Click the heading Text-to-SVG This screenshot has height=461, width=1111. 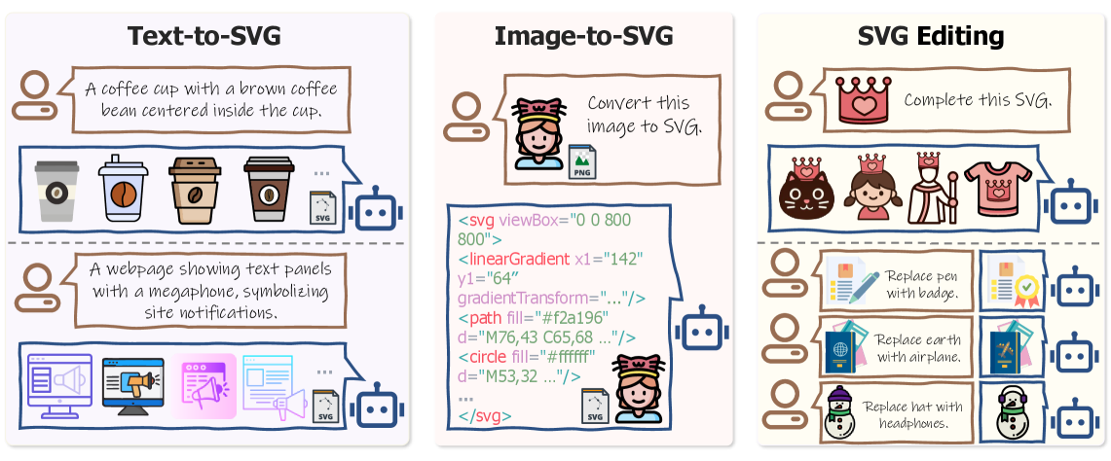click(204, 36)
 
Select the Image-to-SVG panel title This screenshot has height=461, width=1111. click(583, 36)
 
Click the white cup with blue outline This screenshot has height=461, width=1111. click(122, 190)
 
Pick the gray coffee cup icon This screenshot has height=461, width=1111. click(56, 192)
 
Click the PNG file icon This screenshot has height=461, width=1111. click(581, 161)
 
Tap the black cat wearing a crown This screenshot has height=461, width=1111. click(806, 189)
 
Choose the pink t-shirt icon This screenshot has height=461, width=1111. click(997, 188)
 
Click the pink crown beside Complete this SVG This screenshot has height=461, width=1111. click(862, 98)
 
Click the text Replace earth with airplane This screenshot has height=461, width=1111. click(918, 348)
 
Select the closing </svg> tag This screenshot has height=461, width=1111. click(484, 417)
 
